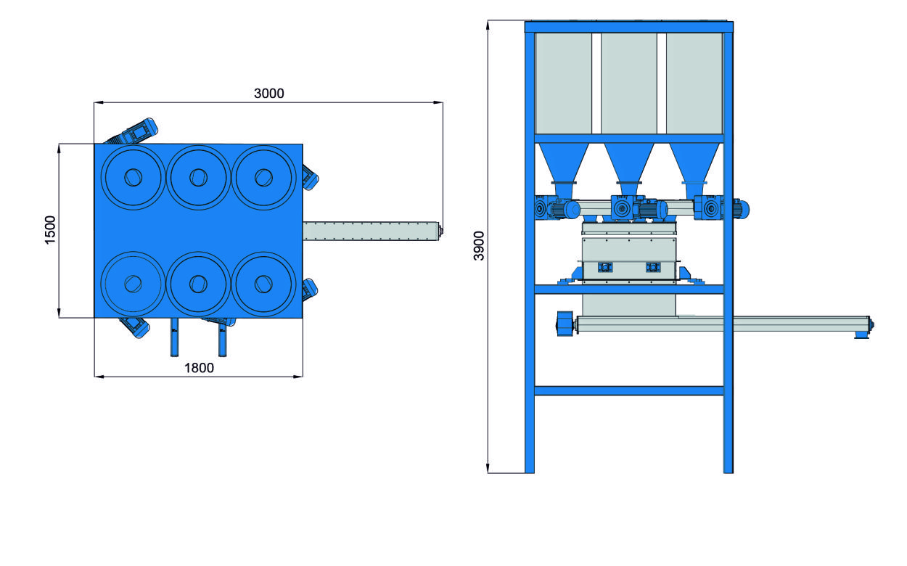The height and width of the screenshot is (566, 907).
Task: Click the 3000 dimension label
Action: (268, 93)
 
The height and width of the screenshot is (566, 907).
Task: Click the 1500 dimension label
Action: (50, 230)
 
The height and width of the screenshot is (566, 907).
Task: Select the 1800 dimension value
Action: (199, 367)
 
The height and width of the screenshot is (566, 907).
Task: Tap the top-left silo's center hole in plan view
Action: (133, 176)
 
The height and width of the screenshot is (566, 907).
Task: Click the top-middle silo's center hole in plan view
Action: (198, 176)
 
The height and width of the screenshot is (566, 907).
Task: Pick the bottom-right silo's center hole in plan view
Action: (263, 282)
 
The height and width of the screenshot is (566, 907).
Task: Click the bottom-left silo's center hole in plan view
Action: (133, 282)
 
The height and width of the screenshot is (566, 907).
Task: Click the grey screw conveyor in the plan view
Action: (370, 231)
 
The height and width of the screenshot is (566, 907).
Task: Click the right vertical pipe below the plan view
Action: (222, 338)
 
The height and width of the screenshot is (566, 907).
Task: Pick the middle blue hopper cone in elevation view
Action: (628, 163)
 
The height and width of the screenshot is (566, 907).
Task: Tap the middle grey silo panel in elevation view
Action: (628, 83)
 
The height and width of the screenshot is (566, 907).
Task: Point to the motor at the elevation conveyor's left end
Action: (565, 323)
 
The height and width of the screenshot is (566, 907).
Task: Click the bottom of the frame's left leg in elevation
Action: (530, 464)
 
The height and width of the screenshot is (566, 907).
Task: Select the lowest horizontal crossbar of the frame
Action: (628, 390)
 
